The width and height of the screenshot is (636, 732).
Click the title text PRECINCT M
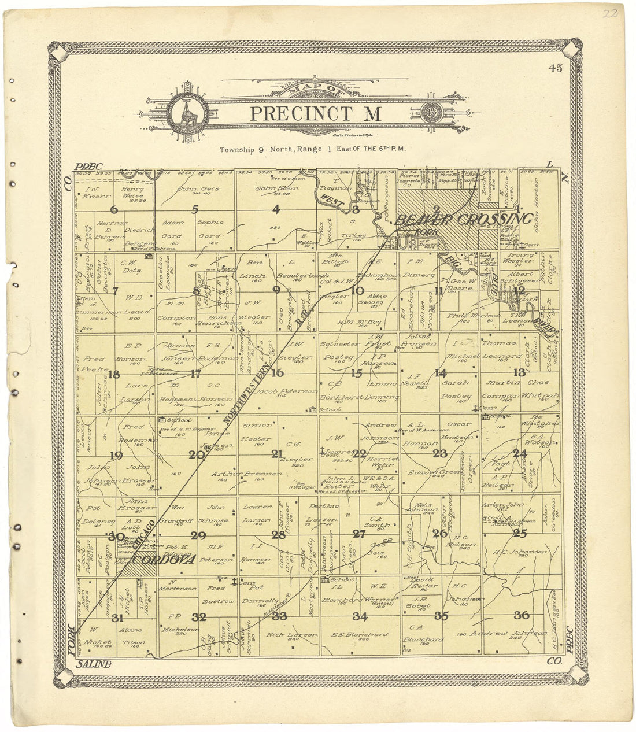tap(315, 114)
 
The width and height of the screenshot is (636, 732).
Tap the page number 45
tap(556, 68)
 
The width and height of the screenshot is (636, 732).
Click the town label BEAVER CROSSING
tap(463, 219)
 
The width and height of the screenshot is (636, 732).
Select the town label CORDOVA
tap(164, 559)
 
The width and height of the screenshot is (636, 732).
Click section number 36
tap(522, 615)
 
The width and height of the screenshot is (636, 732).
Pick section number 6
tap(114, 210)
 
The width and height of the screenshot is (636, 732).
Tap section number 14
tap(441, 373)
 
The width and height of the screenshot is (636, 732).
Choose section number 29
tap(198, 535)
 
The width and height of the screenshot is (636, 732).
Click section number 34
tap(360, 616)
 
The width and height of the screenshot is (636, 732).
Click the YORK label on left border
tap(72, 641)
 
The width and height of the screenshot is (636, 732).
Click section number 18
tap(114, 374)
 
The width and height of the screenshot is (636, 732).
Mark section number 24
tap(520, 453)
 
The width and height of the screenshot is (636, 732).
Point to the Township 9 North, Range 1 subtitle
tap(313, 149)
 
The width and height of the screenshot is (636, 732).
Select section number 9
tap(276, 290)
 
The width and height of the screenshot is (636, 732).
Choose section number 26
tap(440, 533)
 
